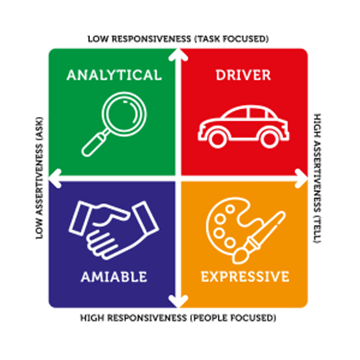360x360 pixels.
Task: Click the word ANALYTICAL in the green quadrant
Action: coord(114,75)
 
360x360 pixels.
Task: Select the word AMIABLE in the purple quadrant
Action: coord(114,276)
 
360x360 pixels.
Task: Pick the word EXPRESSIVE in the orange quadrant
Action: coord(244,276)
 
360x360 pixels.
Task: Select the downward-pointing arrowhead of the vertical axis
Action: coord(178,302)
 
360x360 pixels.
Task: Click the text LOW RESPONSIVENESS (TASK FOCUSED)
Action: coord(178,39)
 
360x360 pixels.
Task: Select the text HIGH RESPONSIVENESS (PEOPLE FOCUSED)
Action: coord(178,318)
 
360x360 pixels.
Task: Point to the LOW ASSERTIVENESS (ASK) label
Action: coord(39,178)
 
